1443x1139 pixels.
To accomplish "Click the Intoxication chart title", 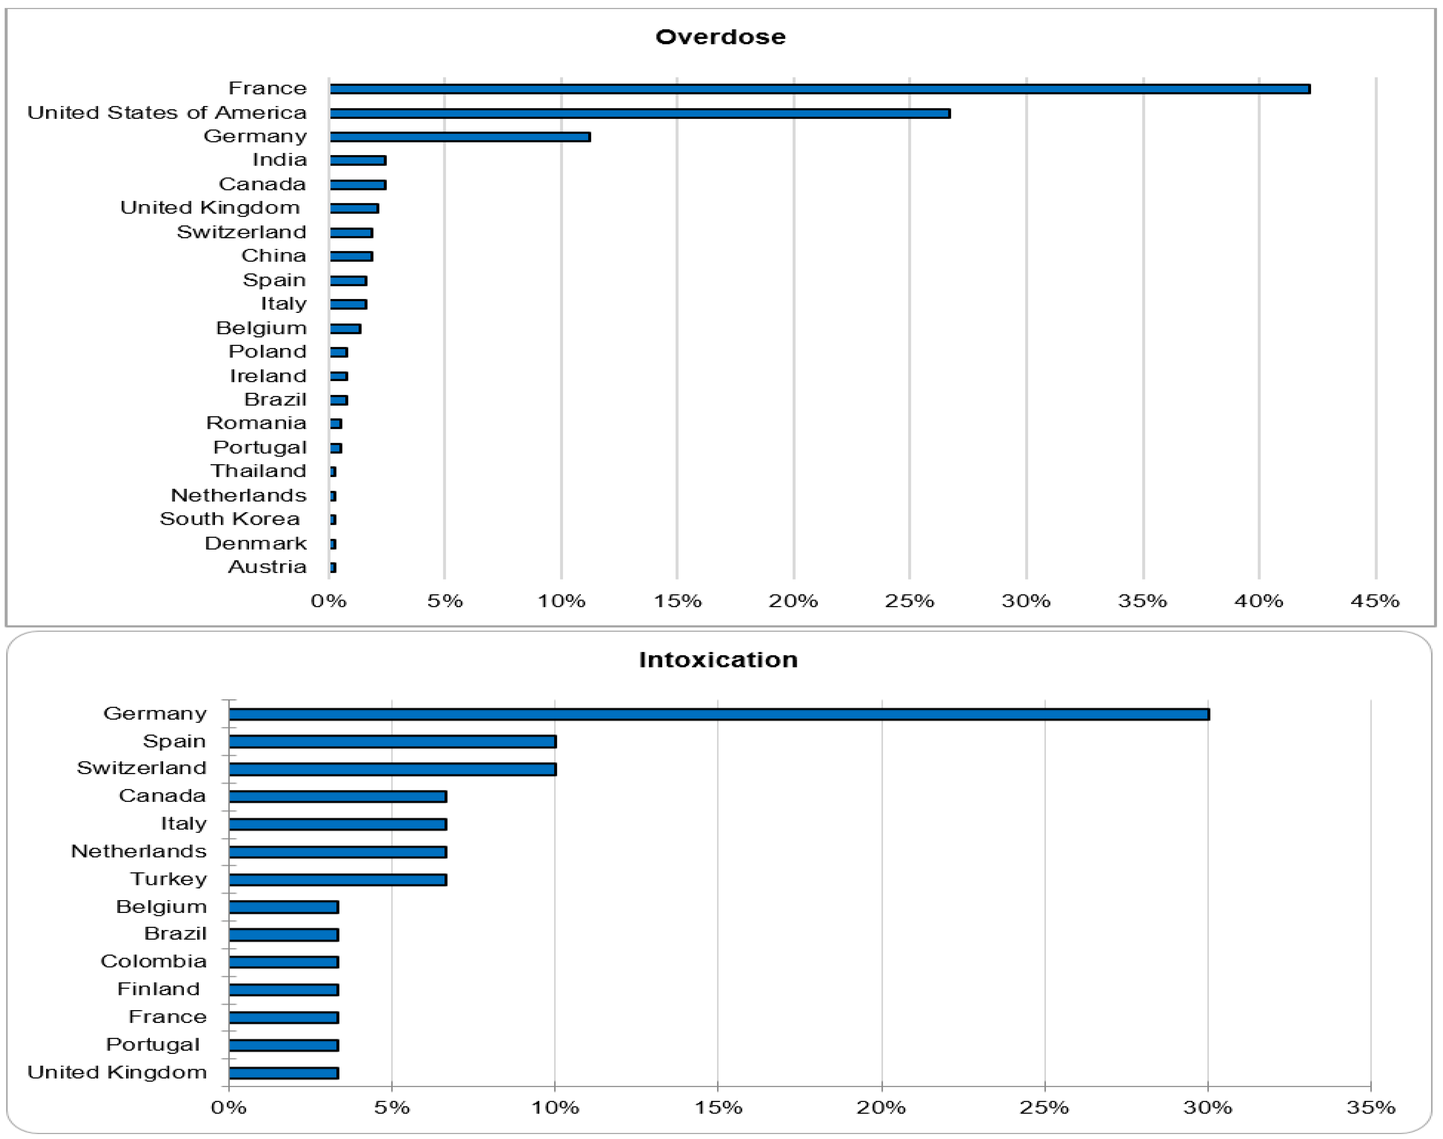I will (718, 660).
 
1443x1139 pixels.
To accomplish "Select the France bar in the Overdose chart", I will (819, 89).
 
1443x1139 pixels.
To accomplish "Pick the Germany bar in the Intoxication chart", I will (718, 714).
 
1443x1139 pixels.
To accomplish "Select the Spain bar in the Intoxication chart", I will (392, 741).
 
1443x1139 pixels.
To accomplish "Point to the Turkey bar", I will (338, 880).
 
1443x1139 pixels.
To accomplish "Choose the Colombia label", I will (153, 961).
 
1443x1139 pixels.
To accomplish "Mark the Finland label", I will (159, 989).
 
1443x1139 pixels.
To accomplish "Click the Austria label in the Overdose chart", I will (268, 567).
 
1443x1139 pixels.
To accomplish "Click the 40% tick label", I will (1258, 601).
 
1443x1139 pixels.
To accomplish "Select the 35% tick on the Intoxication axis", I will (1370, 1108).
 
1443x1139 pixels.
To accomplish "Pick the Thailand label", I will (259, 471).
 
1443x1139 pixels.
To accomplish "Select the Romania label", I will (256, 423).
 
